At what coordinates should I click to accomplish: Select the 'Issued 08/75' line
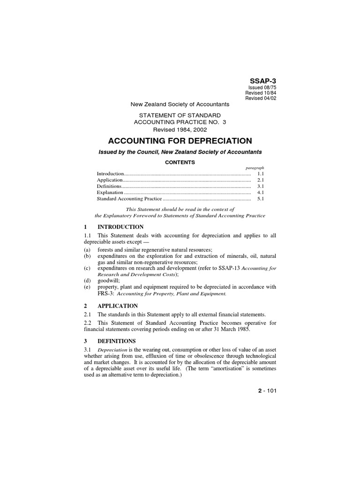262,88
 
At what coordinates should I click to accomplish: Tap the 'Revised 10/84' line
261,93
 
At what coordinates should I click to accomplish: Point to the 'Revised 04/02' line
261,98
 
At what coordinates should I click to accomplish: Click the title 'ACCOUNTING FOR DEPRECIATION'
180,141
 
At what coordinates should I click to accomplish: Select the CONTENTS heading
180,163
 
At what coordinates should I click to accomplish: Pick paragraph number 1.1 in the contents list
261,174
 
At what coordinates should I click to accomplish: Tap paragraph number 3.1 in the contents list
261,187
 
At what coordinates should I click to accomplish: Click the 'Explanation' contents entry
110,193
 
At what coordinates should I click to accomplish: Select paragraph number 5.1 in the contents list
261,199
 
